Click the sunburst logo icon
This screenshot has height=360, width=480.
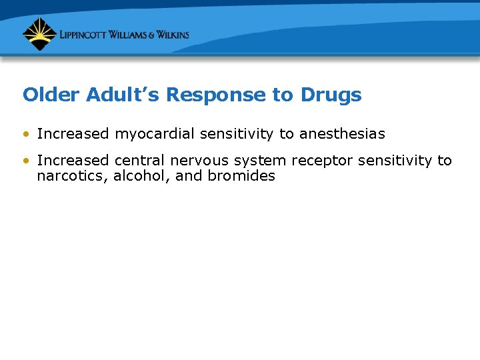[39, 34]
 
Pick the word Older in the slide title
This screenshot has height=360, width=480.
[51, 95]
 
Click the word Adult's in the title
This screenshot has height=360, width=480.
[123, 95]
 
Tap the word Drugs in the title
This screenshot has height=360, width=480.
[331, 95]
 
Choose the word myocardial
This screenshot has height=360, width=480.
[155, 134]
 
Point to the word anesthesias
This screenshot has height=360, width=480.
[342, 134]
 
